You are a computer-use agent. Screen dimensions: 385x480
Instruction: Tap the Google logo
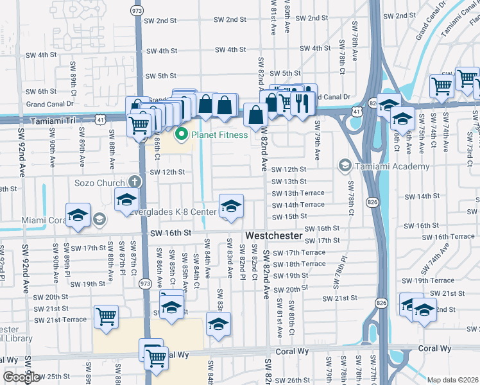[21, 377]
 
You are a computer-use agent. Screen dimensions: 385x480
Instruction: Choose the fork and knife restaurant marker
[302, 101]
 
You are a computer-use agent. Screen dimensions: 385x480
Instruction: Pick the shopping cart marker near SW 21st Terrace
[106, 316]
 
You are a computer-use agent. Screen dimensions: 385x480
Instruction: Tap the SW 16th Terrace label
[454, 237]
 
